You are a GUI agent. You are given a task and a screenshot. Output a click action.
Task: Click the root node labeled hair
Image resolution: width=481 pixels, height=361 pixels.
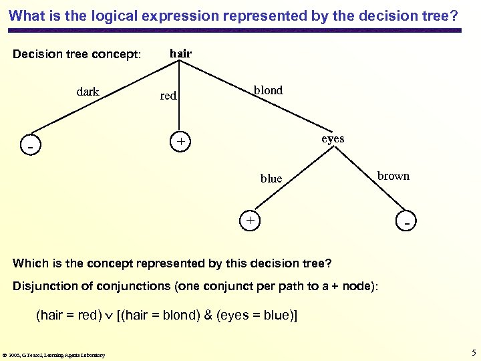pyautogui.click(x=180, y=53)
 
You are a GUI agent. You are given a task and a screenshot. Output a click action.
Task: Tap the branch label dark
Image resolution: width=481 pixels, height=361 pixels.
pyautogui.click(x=88, y=92)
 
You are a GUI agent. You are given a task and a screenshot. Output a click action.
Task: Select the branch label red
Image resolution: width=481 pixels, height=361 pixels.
pyautogui.click(x=168, y=96)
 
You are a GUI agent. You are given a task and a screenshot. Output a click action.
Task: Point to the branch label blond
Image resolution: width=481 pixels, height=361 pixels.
pyautogui.click(x=268, y=90)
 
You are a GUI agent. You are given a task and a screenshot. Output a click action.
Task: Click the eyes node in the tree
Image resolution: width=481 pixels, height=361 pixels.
pyautogui.click(x=333, y=138)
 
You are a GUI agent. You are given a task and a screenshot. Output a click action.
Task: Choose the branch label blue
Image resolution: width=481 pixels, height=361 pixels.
pyautogui.click(x=271, y=178)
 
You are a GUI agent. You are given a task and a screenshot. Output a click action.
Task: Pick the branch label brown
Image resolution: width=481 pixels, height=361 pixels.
pyautogui.click(x=393, y=176)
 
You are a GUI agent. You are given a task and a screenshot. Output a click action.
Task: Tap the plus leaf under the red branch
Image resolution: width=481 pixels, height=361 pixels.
pyautogui.click(x=180, y=142)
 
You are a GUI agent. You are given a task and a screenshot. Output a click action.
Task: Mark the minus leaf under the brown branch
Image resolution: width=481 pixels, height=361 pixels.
pyautogui.click(x=406, y=220)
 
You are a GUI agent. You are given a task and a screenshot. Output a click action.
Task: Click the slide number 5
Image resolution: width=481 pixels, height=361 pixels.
pyautogui.click(x=472, y=353)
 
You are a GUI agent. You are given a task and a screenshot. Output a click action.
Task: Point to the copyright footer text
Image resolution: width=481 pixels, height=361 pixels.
pyautogui.click(x=53, y=355)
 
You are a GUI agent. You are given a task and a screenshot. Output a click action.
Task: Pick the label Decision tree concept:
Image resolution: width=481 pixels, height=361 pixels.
pyautogui.click(x=77, y=54)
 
